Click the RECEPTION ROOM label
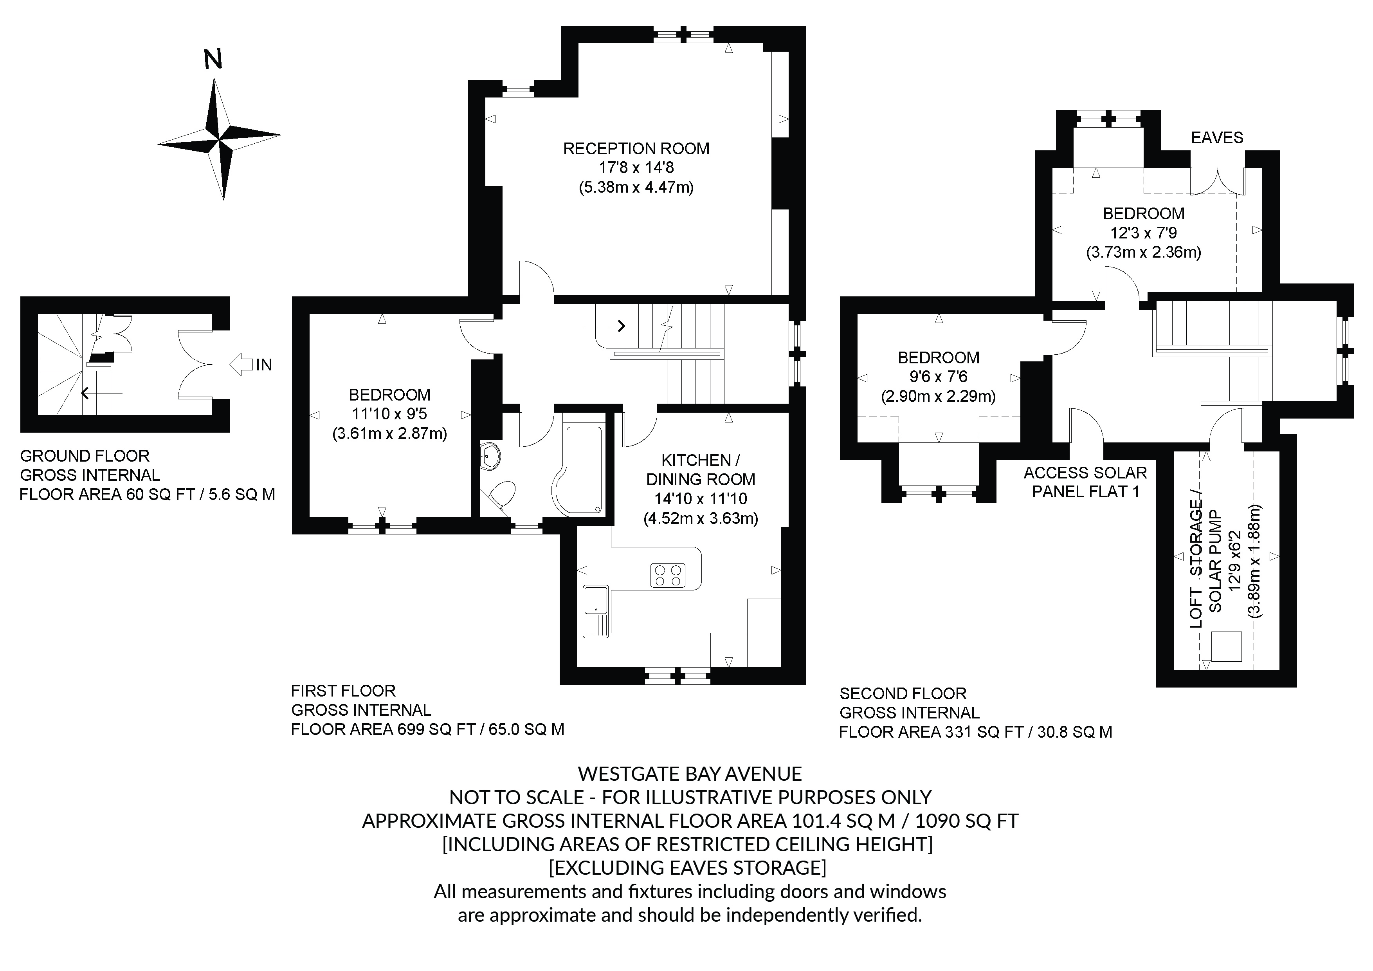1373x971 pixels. (636, 148)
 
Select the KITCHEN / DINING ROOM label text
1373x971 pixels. (701, 470)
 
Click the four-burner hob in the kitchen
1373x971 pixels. (668, 575)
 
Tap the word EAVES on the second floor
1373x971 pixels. (1217, 137)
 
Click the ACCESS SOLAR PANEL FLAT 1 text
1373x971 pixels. (1085, 482)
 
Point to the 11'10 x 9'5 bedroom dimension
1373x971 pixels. (389, 414)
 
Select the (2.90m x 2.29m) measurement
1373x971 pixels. (938, 396)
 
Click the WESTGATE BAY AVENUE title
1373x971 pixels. (690, 774)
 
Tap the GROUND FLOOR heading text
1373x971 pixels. (84, 456)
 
